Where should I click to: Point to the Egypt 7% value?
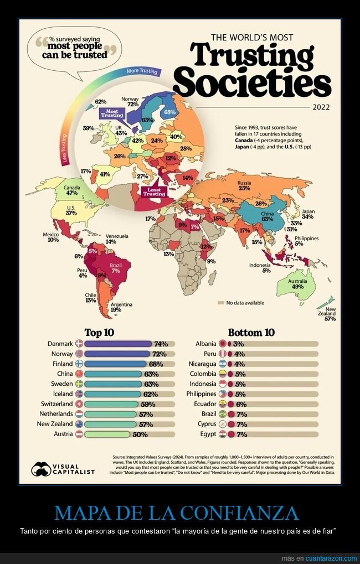point(240,434)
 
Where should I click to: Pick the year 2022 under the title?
point(322,107)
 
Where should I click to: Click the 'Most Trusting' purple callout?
point(112,113)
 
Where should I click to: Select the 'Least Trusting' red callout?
point(154,192)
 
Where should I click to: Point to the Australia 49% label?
point(297,283)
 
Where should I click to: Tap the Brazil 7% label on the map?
point(116,268)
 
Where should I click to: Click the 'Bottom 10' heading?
point(251,333)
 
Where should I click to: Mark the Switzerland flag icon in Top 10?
point(78,404)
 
